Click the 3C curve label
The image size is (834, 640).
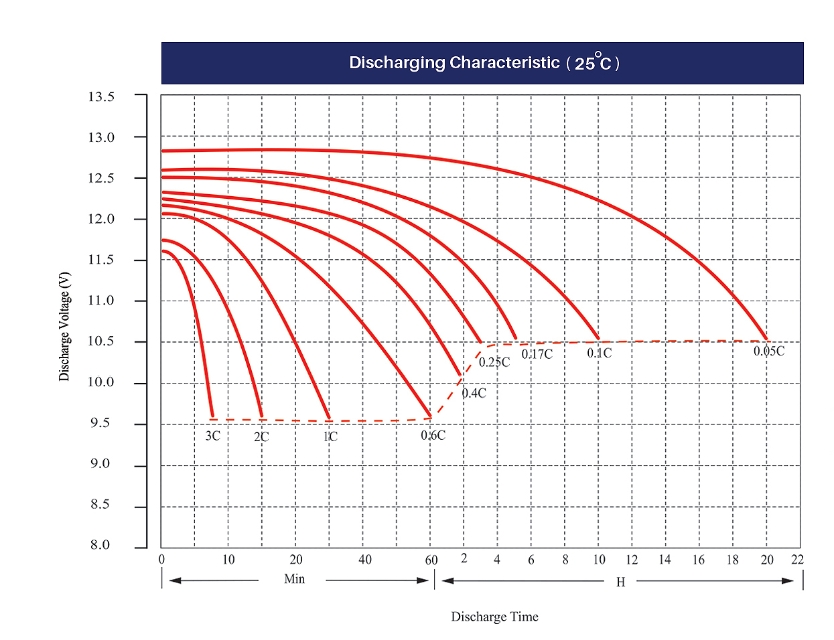tap(212, 436)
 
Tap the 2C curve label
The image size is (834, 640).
tap(261, 436)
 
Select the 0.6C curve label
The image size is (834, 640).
tap(433, 435)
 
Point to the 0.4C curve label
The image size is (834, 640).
tap(474, 393)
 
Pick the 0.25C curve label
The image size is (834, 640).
tap(494, 362)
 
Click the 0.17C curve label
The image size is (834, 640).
tap(537, 354)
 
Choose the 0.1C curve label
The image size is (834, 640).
tap(600, 353)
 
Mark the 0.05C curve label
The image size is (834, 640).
tap(769, 351)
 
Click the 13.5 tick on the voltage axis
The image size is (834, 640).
tap(101, 96)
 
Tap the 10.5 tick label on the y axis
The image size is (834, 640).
tap(101, 341)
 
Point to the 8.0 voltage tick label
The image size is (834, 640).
tap(100, 544)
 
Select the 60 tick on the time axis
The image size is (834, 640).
tap(431, 560)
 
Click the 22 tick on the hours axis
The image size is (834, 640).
tap(797, 560)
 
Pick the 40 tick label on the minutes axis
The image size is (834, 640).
tap(365, 560)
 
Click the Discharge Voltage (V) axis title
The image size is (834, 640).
tap(64, 326)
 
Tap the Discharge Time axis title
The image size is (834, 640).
tap(494, 617)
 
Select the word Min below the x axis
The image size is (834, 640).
tap(294, 578)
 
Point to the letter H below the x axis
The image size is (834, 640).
tap(620, 582)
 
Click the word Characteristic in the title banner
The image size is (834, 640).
tap(504, 62)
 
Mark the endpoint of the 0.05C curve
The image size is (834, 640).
tap(767, 339)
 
